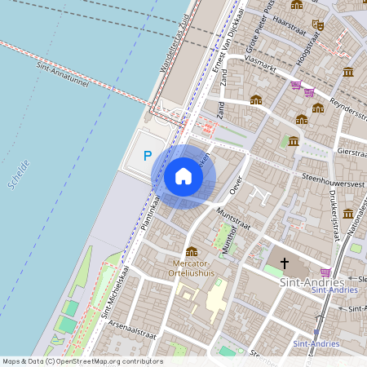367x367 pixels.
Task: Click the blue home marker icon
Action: (183, 176)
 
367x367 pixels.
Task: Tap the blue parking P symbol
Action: (148, 156)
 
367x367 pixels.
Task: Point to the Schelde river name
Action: (19, 175)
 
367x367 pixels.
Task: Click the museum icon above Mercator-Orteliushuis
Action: (192, 251)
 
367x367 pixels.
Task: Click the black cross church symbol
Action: (285, 263)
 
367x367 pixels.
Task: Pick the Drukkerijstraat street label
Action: (334, 214)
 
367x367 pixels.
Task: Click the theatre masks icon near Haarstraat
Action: (318, 25)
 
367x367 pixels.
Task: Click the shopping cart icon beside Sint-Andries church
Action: (326, 272)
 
